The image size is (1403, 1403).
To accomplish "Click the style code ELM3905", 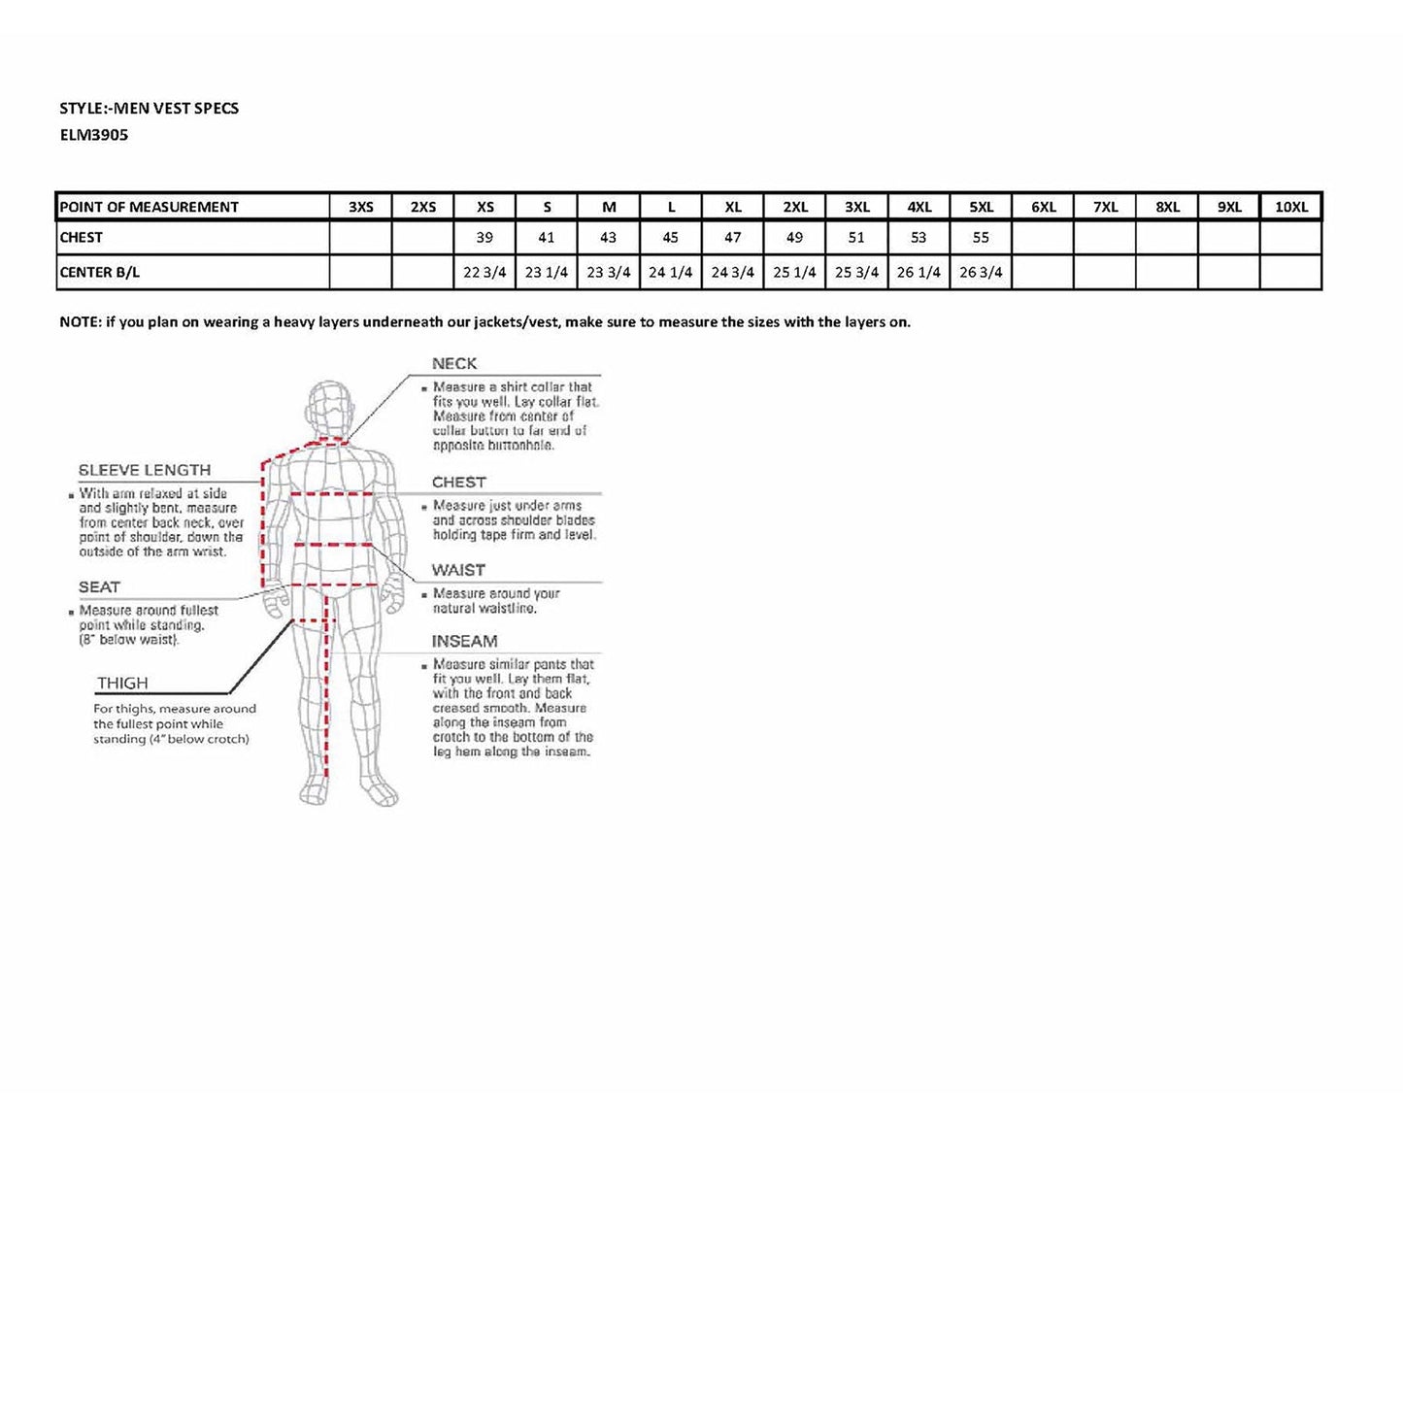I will click(x=94, y=135).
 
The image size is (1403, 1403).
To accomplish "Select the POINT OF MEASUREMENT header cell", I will click(x=149, y=207).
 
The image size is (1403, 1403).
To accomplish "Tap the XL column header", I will click(x=733, y=207).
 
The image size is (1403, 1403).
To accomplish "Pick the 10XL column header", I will click(x=1291, y=207).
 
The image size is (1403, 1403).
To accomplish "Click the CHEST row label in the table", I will click(x=82, y=238).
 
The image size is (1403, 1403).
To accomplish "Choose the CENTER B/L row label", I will click(x=100, y=273).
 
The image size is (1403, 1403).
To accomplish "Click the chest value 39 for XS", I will click(x=484, y=238).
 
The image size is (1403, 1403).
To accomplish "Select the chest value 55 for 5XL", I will click(x=981, y=238).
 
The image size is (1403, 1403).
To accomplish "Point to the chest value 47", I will click(x=733, y=238).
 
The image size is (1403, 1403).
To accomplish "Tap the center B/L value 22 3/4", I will click(x=484, y=273).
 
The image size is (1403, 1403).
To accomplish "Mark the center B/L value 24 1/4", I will click(x=671, y=273).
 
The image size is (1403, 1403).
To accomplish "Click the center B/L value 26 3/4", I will click(x=981, y=273).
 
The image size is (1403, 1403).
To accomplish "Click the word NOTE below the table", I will click(x=79, y=322).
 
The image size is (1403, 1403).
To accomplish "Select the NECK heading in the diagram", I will click(x=454, y=364).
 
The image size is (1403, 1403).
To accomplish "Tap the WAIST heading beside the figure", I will click(x=458, y=570).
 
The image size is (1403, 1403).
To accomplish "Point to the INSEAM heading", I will click(x=464, y=642).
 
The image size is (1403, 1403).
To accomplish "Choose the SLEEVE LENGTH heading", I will click(x=145, y=470).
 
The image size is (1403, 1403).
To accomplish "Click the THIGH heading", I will click(x=122, y=684).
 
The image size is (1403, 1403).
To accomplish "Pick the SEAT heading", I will click(x=99, y=587).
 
